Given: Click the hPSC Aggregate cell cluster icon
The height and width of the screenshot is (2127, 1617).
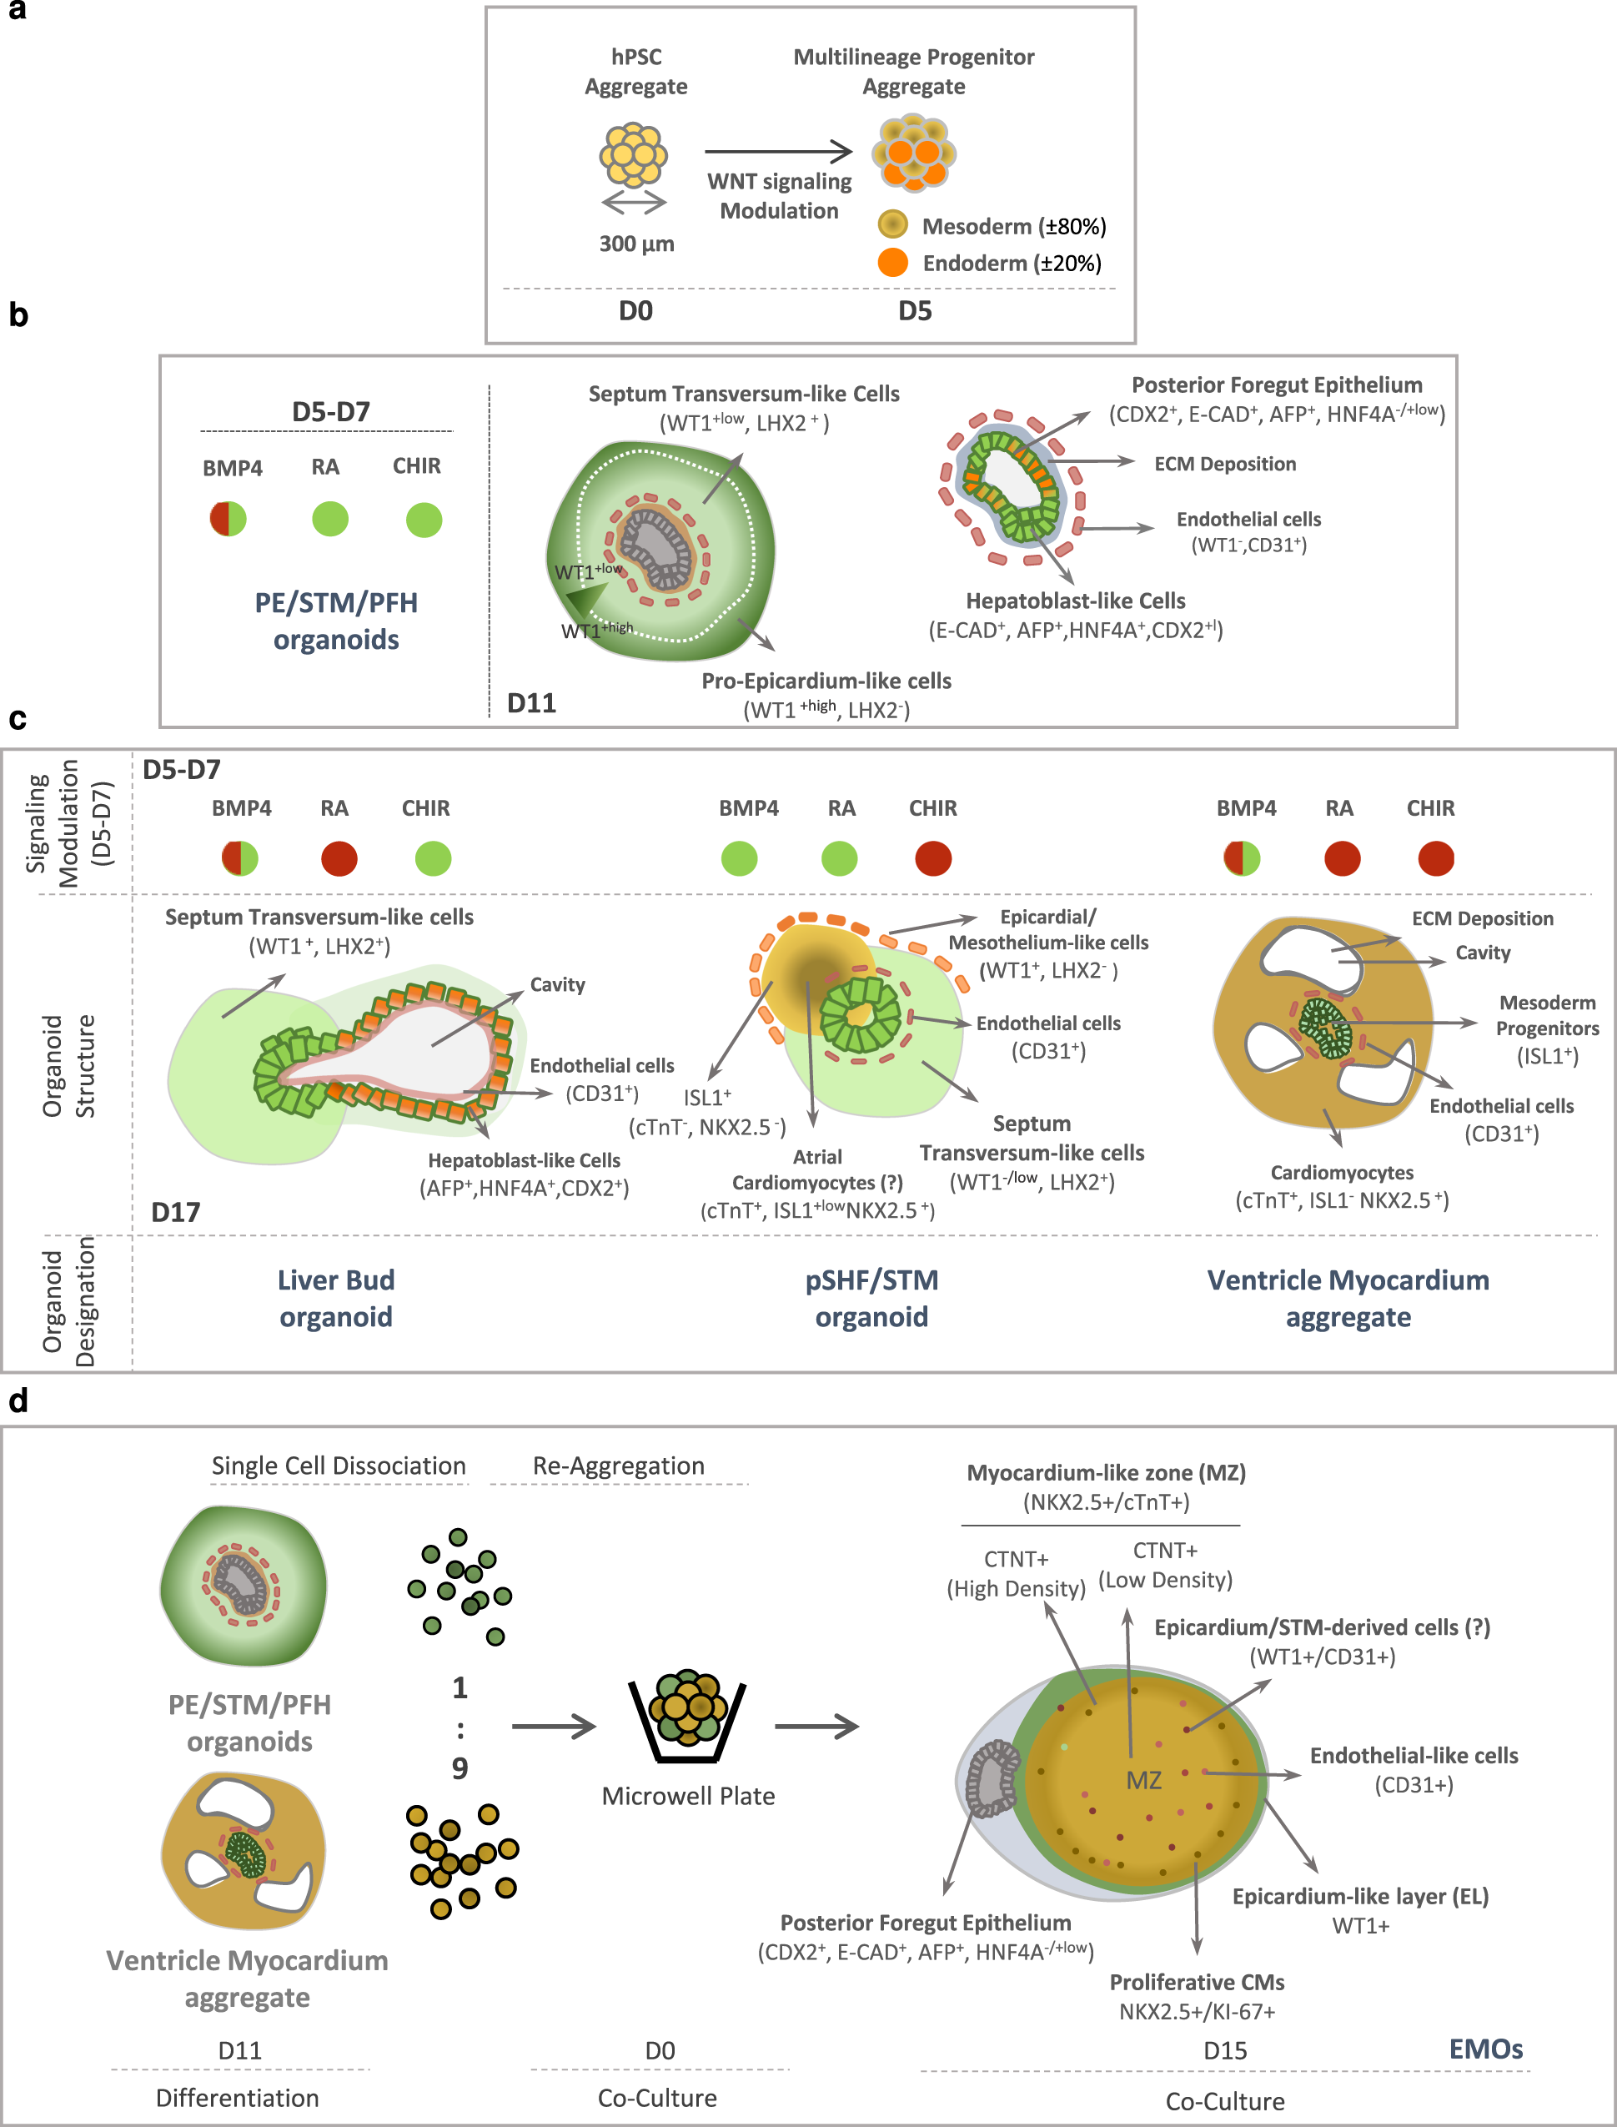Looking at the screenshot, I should pos(633,154).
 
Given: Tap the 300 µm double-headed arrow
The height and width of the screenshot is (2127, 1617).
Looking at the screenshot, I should pos(633,203).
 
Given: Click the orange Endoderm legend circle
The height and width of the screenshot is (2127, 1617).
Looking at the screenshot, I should pos(893,263).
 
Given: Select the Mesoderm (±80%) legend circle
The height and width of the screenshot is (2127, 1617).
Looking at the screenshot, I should pos(893,225).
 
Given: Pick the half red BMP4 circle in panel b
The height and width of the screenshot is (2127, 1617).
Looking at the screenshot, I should pos(228,520).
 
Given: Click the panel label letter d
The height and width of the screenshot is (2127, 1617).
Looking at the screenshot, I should pos(18,1401).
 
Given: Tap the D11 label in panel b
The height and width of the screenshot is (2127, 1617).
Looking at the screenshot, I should pos(531,703).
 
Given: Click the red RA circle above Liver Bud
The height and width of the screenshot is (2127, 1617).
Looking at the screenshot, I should pos(339,858).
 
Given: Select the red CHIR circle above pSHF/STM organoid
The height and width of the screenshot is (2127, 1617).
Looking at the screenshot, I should pos(932,858).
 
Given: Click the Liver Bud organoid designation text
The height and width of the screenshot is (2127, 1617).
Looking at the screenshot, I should pos(336,1299).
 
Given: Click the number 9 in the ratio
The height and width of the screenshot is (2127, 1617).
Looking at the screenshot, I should pos(460,1768).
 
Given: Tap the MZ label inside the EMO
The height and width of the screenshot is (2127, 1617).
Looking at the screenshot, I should pos(1143,1781).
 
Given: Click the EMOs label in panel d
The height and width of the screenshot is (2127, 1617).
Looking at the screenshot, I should pos(1485,2049).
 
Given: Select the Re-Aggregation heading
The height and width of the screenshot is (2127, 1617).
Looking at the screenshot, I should pos(618,1466).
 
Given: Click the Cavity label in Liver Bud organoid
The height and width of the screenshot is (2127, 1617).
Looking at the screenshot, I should pos(557,984).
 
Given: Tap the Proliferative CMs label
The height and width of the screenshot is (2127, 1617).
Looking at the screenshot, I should pos(1197,1982).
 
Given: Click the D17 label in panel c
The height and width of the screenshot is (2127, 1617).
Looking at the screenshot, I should pos(175,1212).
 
